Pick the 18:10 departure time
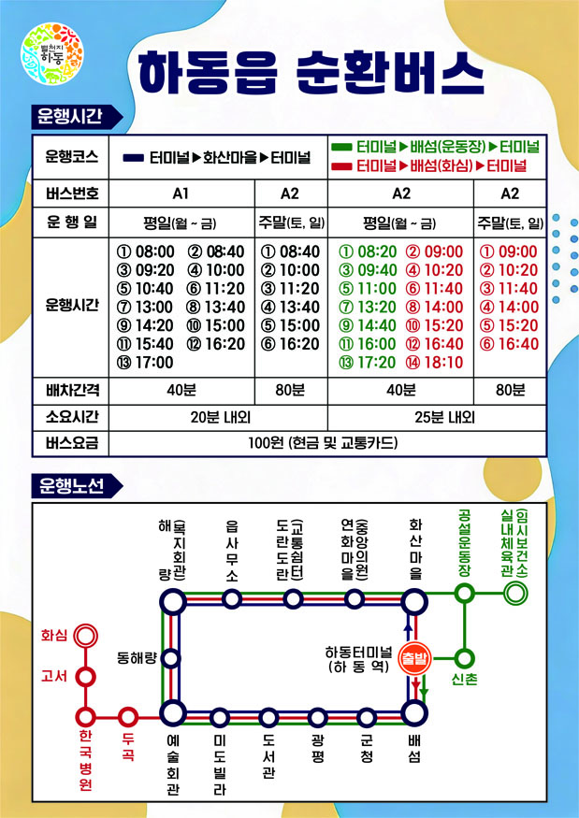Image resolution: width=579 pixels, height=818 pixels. (x=442, y=362)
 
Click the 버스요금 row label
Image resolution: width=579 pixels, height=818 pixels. (x=71, y=442)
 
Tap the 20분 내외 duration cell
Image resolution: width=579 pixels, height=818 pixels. (x=218, y=416)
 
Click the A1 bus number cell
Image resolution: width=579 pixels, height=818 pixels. (x=181, y=194)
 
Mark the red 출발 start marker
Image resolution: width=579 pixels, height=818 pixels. (x=413, y=659)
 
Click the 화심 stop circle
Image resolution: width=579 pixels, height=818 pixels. (x=86, y=636)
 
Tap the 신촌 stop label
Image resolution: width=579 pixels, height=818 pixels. (x=464, y=680)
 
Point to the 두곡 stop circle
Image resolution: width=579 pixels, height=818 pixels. (x=129, y=717)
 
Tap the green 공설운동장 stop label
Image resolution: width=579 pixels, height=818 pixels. (x=465, y=542)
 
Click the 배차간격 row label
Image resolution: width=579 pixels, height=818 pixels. (x=71, y=390)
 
